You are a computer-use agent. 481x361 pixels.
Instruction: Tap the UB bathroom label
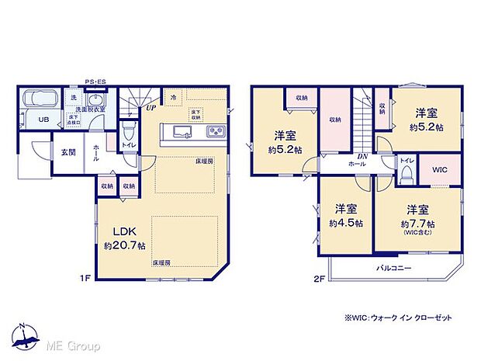click(43, 120)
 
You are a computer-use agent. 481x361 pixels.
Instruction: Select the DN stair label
click(362, 156)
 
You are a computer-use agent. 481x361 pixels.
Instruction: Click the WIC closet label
click(440, 170)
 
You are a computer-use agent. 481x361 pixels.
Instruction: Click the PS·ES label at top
click(96, 79)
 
